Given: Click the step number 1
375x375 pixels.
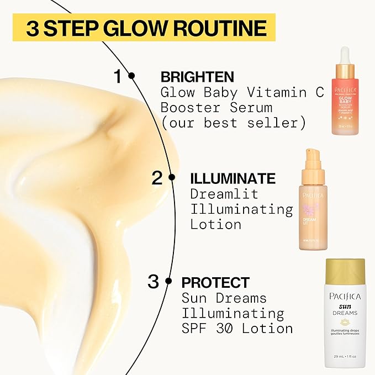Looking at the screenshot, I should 118,76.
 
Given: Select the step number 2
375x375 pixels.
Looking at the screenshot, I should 157,178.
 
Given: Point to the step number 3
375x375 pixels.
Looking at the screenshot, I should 154,282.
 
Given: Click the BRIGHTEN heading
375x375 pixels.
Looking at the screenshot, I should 197,77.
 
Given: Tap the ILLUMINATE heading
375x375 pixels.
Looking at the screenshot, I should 233,178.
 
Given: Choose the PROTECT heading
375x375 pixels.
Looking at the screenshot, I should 216,283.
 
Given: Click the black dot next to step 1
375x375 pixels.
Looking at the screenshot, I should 131,76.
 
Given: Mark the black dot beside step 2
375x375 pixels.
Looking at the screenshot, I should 172,177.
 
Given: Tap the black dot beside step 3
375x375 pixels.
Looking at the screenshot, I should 168,282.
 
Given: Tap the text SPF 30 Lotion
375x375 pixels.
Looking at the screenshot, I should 237,328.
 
